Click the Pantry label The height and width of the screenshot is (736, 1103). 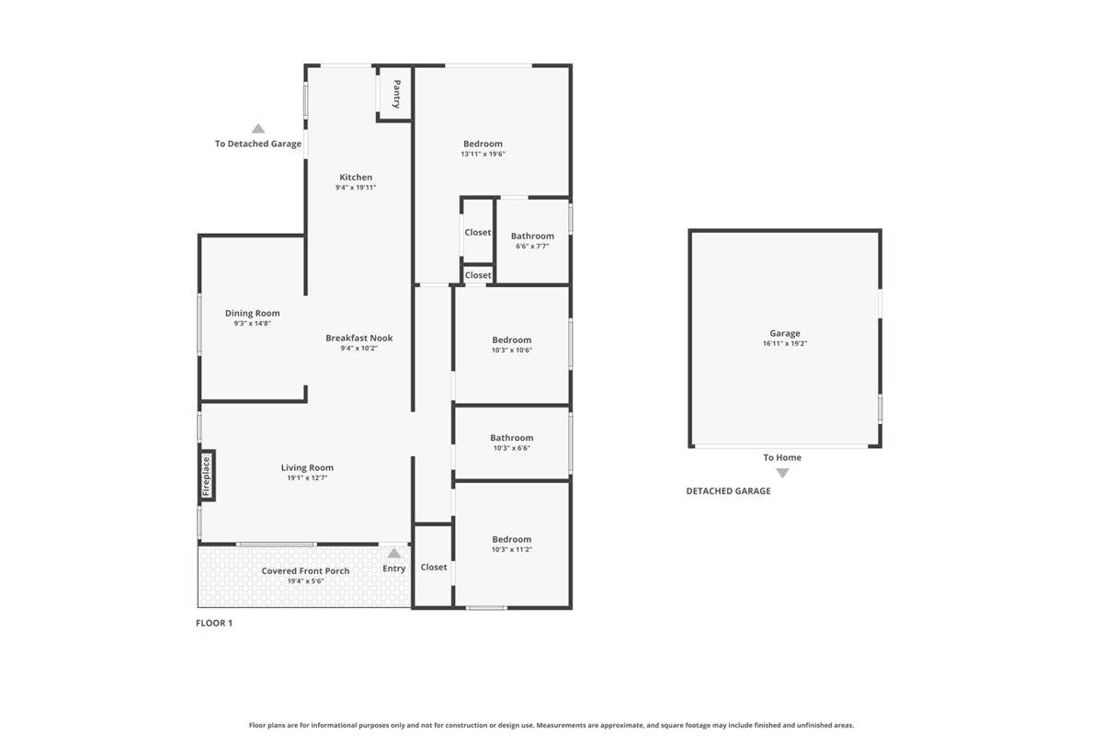pyautogui.click(x=396, y=94)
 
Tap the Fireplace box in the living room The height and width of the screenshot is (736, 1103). pyautogui.click(x=207, y=477)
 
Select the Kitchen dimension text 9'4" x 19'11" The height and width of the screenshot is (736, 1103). pyautogui.click(x=356, y=188)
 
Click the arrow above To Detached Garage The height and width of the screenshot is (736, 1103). pyautogui.click(x=258, y=129)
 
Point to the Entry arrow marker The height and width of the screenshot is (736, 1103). pyautogui.click(x=393, y=553)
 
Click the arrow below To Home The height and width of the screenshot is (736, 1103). pyautogui.click(x=782, y=473)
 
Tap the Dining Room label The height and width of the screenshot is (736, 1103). pyautogui.click(x=252, y=314)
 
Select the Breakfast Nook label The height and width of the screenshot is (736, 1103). pyautogui.click(x=358, y=338)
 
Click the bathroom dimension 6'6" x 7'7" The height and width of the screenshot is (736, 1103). pyautogui.click(x=532, y=247)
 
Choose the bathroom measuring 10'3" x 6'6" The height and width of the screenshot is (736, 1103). pyautogui.click(x=511, y=443)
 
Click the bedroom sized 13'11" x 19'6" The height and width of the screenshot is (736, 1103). pyautogui.click(x=483, y=148)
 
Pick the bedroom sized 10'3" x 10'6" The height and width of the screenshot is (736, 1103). pyautogui.click(x=511, y=344)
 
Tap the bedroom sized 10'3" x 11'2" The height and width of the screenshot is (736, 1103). pyautogui.click(x=511, y=544)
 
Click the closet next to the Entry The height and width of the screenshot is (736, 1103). pyautogui.click(x=433, y=568)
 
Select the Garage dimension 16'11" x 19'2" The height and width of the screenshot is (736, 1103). pyautogui.click(x=784, y=343)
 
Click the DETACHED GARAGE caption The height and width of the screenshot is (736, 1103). pyautogui.click(x=728, y=491)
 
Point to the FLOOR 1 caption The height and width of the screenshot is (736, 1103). pyautogui.click(x=214, y=623)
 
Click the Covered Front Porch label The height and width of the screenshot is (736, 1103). pyautogui.click(x=305, y=570)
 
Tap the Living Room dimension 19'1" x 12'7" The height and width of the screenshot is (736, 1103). pyautogui.click(x=307, y=477)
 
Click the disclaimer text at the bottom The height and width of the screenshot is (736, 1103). pyautogui.click(x=551, y=725)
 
